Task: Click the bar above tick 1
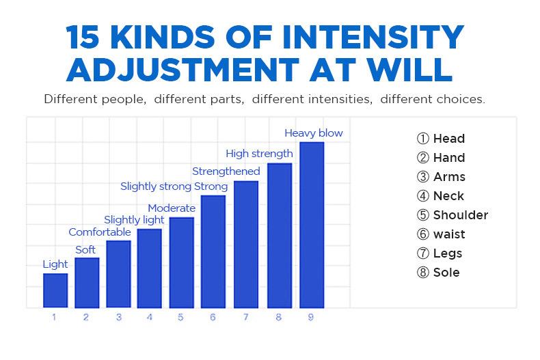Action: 55,290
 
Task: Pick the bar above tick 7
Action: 246,244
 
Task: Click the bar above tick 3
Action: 118,274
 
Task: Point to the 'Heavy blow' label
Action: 314,133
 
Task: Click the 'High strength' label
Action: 259,154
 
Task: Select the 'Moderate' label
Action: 172,208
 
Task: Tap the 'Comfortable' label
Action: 99,232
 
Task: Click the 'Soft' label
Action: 85,250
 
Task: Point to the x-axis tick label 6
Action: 213,318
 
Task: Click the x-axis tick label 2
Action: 86,318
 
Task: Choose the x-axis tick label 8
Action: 279,318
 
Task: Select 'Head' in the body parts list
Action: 448,139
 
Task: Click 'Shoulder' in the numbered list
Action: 460,215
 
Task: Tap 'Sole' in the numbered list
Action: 446,273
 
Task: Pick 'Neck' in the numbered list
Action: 448,196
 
